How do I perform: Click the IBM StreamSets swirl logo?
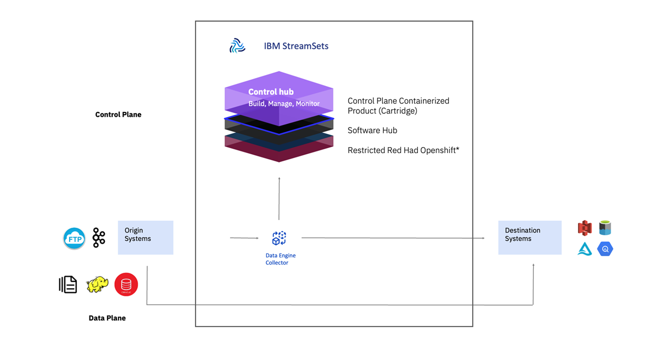(x=237, y=46)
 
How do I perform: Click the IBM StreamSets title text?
(x=296, y=46)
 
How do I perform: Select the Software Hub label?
(x=372, y=131)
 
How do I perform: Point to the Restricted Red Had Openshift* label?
(x=403, y=150)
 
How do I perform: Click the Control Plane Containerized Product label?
(x=398, y=106)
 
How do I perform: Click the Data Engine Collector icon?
(x=279, y=238)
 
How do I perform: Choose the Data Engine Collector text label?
(x=280, y=259)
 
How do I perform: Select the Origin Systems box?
(x=146, y=237)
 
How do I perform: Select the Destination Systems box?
(x=529, y=237)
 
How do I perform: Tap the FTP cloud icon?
(x=74, y=239)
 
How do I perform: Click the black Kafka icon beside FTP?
(x=99, y=238)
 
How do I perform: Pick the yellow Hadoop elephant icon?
(x=97, y=284)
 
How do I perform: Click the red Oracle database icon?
(x=126, y=284)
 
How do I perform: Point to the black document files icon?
(x=68, y=284)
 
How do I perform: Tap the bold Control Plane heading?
(x=118, y=115)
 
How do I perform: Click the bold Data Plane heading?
(x=107, y=318)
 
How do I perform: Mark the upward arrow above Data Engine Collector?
(x=279, y=198)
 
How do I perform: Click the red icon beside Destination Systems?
(x=584, y=228)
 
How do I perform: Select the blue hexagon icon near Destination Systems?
(x=605, y=249)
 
